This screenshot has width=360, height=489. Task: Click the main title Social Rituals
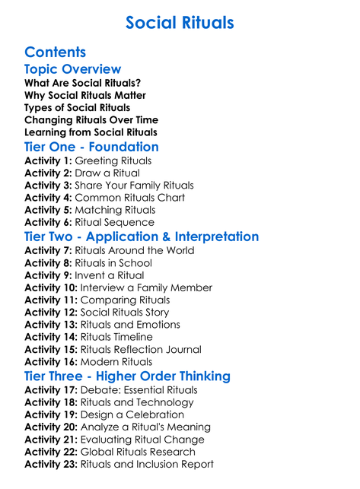(x=180, y=23)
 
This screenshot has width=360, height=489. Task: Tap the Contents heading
(x=55, y=52)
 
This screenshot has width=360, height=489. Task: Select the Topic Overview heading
(x=72, y=69)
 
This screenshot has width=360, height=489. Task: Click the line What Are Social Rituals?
(x=82, y=83)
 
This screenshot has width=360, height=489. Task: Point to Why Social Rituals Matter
(x=85, y=95)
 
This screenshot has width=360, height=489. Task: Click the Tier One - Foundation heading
(x=91, y=147)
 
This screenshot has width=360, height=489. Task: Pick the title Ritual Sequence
(x=123, y=222)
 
